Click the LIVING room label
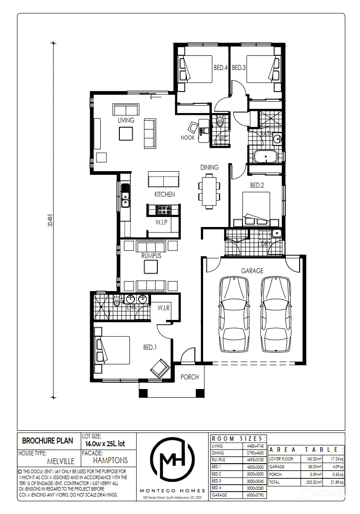(x=126, y=120)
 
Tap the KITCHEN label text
(x=164, y=195)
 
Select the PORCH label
(x=189, y=377)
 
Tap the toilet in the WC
(x=220, y=122)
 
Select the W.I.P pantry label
(x=160, y=222)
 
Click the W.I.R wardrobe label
(x=164, y=308)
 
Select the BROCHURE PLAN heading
(x=48, y=441)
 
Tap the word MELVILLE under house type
(x=60, y=461)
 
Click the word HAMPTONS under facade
(x=110, y=460)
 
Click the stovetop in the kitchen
(x=163, y=210)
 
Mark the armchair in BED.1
(x=160, y=367)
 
